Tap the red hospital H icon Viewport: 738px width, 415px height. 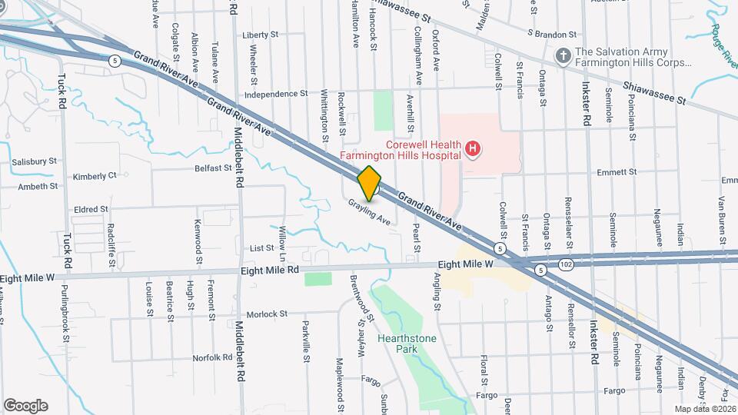click(x=474, y=148)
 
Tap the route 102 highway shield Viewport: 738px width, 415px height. click(x=567, y=263)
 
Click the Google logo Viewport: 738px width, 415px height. click(x=25, y=405)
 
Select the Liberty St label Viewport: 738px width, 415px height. click(x=259, y=35)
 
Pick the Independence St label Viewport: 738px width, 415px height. click(x=276, y=95)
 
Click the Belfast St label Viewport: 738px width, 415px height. click(x=213, y=168)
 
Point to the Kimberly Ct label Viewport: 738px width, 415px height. click(x=95, y=176)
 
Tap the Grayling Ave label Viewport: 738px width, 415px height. click(x=370, y=211)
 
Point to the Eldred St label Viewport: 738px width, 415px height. click(x=91, y=208)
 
